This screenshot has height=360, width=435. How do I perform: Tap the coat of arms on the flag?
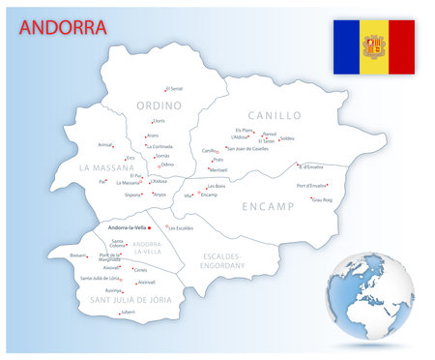point(374,46)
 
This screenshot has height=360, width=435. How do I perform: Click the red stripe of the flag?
point(401,46)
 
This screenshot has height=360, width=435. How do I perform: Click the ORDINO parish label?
point(159,105)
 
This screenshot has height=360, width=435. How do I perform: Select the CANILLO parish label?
point(275,115)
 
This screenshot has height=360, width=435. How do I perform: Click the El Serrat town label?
point(174,88)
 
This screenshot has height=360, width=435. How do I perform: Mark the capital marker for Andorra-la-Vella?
point(150,227)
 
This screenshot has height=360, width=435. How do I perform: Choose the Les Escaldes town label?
point(181,227)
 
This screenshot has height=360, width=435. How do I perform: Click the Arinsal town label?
point(105,144)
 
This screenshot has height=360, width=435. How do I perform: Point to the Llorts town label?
point(159,121)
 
